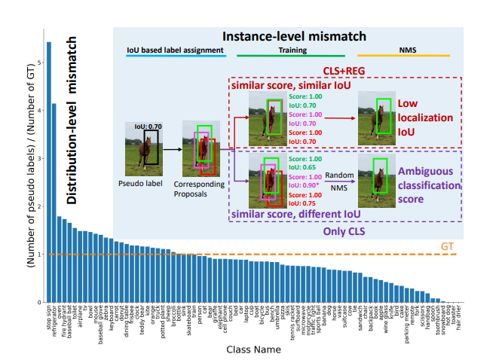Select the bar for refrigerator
click(54, 203)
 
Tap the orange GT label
click(446, 246)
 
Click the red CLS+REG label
click(343, 72)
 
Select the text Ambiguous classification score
click(429, 184)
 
